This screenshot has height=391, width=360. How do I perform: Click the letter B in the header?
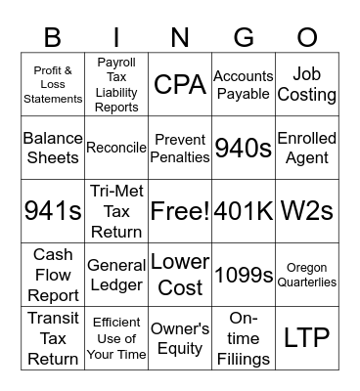[x=53, y=37]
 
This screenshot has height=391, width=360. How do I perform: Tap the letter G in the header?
[x=244, y=37]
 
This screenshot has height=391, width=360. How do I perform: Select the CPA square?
[x=180, y=85]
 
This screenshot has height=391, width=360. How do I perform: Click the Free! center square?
[x=180, y=210]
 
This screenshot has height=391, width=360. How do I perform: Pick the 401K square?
[x=244, y=210]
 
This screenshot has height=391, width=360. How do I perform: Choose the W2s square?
[x=306, y=210]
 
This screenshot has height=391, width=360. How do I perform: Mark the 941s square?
[x=53, y=210]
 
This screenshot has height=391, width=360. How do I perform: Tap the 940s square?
[x=244, y=148]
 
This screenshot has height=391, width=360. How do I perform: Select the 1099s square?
[x=244, y=275]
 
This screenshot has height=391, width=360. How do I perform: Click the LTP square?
[x=306, y=337]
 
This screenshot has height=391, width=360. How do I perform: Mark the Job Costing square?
[x=306, y=85]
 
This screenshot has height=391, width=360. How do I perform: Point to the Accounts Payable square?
[x=244, y=85]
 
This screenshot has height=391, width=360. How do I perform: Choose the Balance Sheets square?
[x=53, y=148]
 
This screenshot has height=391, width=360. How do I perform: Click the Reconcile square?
[x=116, y=148]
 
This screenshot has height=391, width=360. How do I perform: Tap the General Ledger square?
[x=116, y=275]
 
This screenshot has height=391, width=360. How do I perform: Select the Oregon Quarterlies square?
[x=306, y=275]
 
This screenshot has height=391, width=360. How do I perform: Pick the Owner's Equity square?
[x=180, y=337]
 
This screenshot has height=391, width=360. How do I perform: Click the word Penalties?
[x=180, y=156]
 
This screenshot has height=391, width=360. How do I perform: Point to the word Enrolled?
[x=306, y=138]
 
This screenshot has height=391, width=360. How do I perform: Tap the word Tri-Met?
[x=116, y=191]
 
